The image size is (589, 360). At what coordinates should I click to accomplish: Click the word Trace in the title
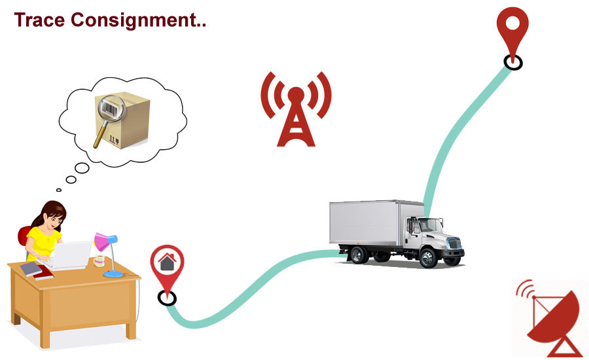39,20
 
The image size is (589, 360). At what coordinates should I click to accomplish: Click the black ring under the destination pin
513,62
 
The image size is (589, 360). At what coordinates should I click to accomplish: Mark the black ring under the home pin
168,298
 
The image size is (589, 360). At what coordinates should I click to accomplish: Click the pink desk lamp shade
102,242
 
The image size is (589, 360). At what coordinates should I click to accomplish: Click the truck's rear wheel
357,254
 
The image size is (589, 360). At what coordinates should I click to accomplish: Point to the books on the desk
37,269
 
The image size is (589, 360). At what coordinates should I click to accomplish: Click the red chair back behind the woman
24,235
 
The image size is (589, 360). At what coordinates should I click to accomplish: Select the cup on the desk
99,261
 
